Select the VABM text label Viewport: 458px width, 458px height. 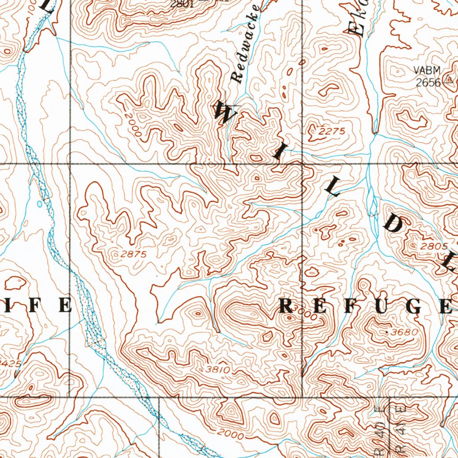pyautogui.click(x=427, y=70)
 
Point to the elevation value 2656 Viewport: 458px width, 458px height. pyautogui.click(x=428, y=82)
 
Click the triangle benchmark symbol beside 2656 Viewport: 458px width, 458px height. pyautogui.click(x=449, y=81)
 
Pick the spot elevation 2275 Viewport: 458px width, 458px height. pyautogui.click(x=332, y=131)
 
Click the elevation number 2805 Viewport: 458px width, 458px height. pyautogui.click(x=433, y=246)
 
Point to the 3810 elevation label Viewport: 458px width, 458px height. pyautogui.click(x=218, y=369)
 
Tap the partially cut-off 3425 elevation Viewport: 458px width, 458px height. pyautogui.click(x=10, y=363)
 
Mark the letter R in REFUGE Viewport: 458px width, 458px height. pyautogui.click(x=287, y=306)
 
